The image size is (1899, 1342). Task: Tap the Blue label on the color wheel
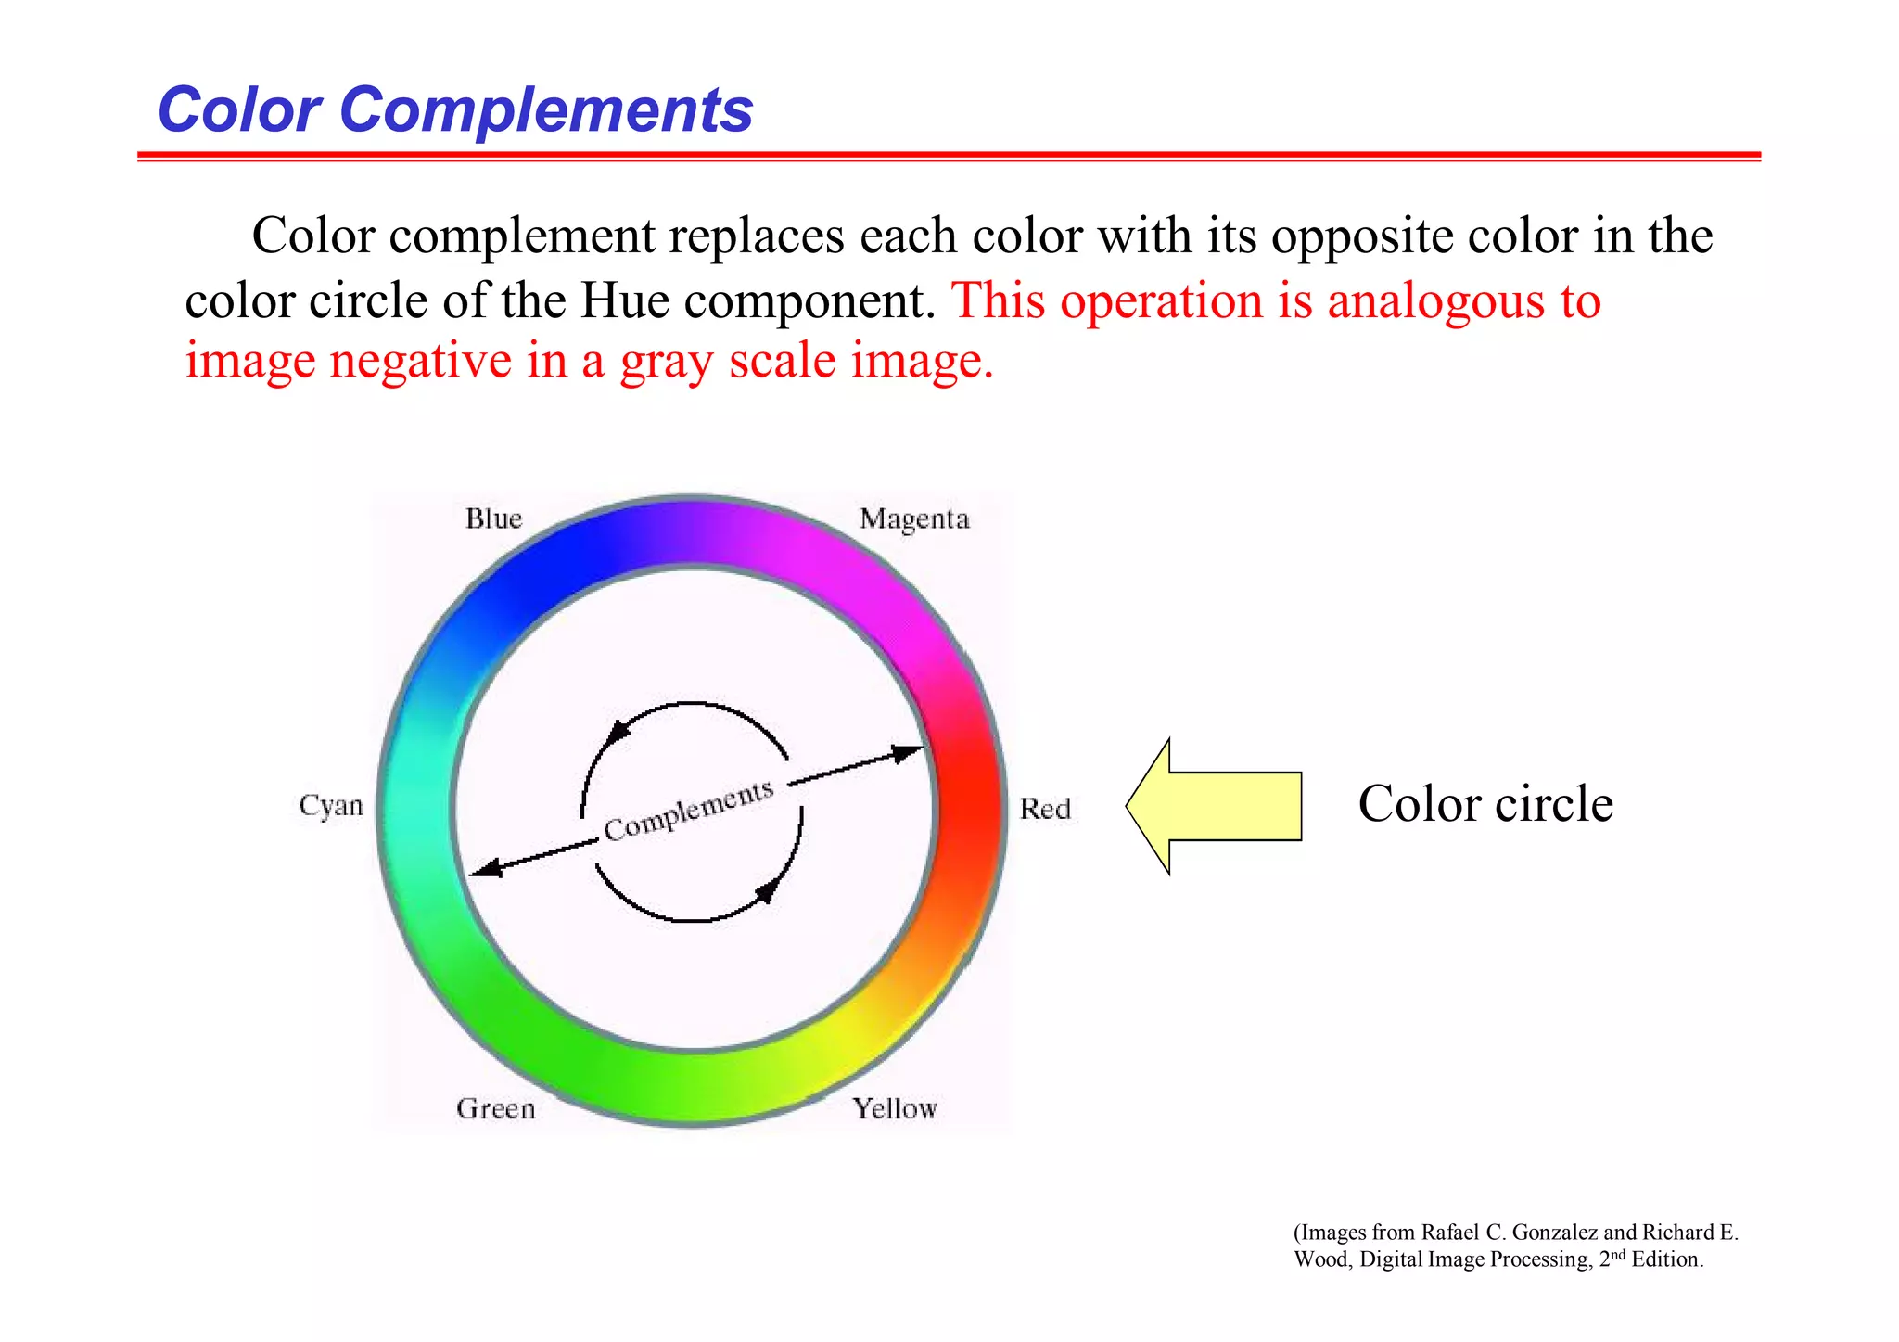coord(493,518)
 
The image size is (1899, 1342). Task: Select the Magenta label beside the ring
coord(914,519)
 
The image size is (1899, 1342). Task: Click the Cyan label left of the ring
coord(330,805)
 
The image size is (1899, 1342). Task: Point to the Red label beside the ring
coord(1045,809)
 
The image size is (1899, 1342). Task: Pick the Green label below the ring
coord(495,1108)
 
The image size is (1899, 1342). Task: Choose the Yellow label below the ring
coord(895,1108)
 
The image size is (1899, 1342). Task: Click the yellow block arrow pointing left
coord(1215,806)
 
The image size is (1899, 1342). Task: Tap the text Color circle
coord(1485,803)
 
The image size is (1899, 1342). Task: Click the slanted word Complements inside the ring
coord(688,810)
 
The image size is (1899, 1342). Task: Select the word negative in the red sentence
coord(420,361)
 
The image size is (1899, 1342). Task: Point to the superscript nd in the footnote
coord(1616,1254)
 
